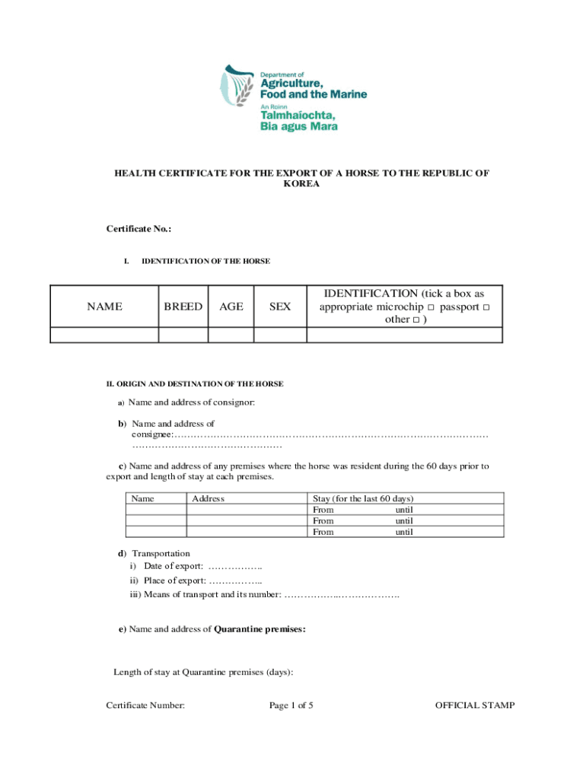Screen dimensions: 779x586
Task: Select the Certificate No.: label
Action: (x=139, y=229)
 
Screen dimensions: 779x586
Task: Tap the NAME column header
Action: (x=104, y=307)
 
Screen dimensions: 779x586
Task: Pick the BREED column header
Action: (x=183, y=307)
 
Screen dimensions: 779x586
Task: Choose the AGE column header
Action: (x=231, y=307)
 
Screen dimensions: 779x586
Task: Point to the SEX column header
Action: (x=280, y=307)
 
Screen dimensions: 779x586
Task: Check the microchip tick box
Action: (x=431, y=307)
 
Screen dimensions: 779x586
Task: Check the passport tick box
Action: (x=486, y=307)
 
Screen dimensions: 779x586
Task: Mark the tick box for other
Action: (x=416, y=320)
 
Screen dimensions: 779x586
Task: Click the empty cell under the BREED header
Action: (x=183, y=335)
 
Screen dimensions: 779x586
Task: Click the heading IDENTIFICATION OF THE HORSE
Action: (x=205, y=262)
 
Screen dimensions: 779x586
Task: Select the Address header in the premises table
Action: (x=208, y=499)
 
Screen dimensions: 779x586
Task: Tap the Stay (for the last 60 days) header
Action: (x=358, y=499)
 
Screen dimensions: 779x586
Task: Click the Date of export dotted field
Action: (x=235, y=567)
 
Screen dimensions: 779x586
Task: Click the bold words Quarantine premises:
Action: (x=260, y=629)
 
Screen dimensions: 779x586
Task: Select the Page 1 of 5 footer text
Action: (x=291, y=706)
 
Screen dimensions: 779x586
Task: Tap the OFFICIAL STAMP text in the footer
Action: (x=474, y=706)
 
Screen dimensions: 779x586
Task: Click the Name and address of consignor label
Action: (x=191, y=402)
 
